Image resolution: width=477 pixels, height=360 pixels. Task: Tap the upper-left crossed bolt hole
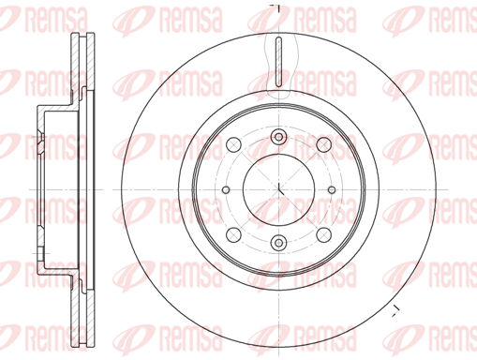point(233,144)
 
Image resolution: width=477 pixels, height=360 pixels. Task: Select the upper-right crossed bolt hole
point(323,144)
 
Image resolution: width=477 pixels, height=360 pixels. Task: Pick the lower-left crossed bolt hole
point(233,235)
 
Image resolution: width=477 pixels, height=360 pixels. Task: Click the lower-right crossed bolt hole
point(323,235)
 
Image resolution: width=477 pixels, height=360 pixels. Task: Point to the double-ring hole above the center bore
point(278,137)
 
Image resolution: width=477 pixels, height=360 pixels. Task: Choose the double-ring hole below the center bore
point(278,243)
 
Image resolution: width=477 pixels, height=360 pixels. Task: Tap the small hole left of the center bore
point(226,189)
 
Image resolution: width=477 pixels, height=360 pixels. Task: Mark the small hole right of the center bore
point(332,189)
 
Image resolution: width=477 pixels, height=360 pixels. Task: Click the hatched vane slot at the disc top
point(279,62)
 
